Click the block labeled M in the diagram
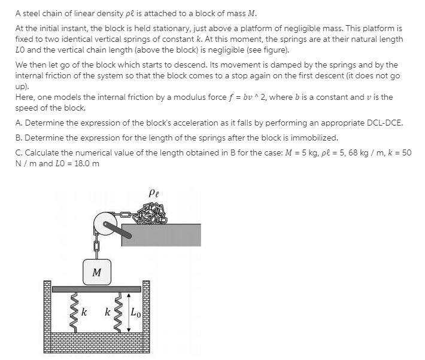click(96, 272)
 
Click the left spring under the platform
click(74, 312)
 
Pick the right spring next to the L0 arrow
click(119, 312)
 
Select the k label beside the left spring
click(84, 312)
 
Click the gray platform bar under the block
click(96, 289)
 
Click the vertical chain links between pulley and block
click(96, 246)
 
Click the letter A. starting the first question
click(19, 123)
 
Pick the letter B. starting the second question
click(19, 138)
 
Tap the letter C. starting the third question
click(19, 152)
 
